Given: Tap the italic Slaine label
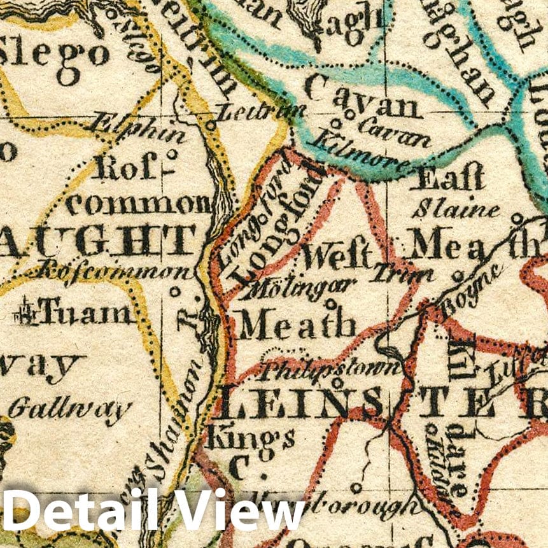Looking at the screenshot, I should [455, 209].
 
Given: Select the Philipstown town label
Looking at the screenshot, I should [332, 368].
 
